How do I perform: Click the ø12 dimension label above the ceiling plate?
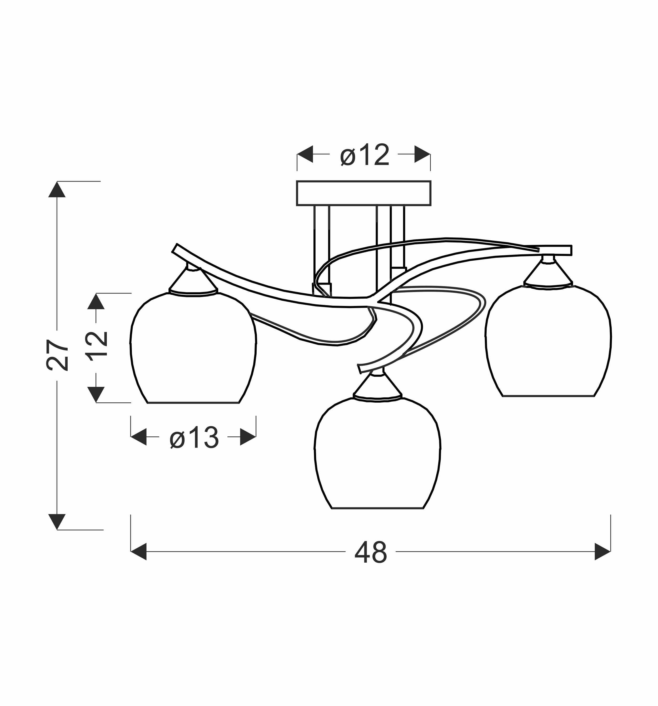[x=365, y=155]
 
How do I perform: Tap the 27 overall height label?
[x=57, y=355]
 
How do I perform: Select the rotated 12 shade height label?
[x=96, y=346]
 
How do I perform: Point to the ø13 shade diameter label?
[x=194, y=437]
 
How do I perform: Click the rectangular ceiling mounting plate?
[x=363, y=193]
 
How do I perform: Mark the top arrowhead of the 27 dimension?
[x=57, y=189]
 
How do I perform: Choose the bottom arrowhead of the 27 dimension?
[x=57, y=522]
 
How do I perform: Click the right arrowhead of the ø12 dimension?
[x=422, y=154]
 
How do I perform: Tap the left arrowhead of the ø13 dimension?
[x=139, y=437]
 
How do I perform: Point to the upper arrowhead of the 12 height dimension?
[x=96, y=301]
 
